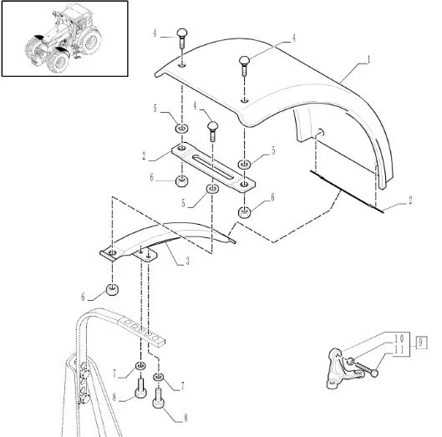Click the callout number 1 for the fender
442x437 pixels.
[x=368, y=60]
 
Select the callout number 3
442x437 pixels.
[x=187, y=262]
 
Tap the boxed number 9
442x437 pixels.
[x=421, y=343]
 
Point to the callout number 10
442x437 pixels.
[x=399, y=338]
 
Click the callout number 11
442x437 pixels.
[x=399, y=350]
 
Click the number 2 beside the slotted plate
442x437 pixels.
[x=145, y=155]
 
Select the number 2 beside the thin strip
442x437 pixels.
[x=410, y=201]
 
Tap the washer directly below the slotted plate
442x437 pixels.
[x=212, y=188]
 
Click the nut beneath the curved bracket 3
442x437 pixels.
[x=112, y=290]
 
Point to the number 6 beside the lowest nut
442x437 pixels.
[x=83, y=297]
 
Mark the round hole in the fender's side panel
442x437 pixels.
[x=321, y=132]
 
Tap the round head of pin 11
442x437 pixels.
[x=374, y=373]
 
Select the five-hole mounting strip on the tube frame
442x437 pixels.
[x=142, y=330]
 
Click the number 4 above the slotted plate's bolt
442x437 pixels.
[x=195, y=106]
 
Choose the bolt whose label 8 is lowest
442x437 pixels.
[x=159, y=398]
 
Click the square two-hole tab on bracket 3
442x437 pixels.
[x=145, y=255]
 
